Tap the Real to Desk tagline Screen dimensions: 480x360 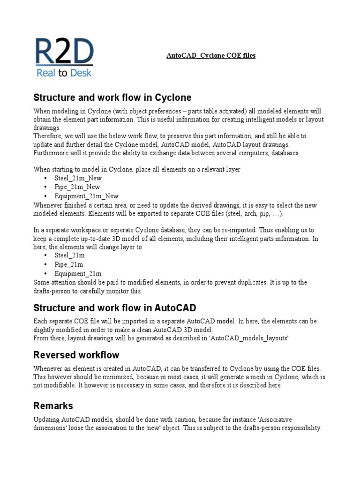pyautogui.click(x=64, y=72)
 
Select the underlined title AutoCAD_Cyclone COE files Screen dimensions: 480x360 pyautogui.click(x=211, y=55)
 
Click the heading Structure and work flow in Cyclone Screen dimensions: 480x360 pyautogui.click(x=112, y=97)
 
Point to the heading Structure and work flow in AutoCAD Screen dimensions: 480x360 pyautogui.click(x=115, y=308)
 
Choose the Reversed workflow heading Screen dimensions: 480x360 pyautogui.click(x=76, y=354)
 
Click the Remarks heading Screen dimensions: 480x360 pyautogui.click(x=53, y=405)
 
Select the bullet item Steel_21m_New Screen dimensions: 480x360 pyautogui.click(x=78, y=178)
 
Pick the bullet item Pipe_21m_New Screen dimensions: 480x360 pyautogui.click(x=77, y=187)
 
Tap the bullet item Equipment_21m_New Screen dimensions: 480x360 pyautogui.click(x=86, y=196)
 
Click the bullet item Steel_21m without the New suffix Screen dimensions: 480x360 pyautogui.click(x=69, y=255)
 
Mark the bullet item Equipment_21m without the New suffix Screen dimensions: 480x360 pyautogui.click(x=78, y=273)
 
